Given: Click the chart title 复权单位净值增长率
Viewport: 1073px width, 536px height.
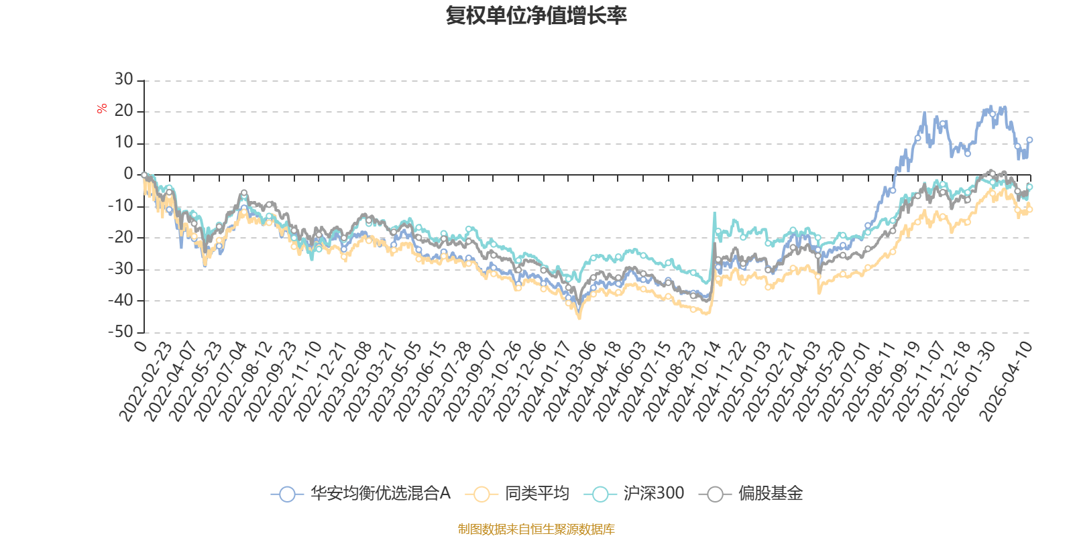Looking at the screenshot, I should point(536,15).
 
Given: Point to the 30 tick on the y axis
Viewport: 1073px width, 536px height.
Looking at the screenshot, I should point(124,80).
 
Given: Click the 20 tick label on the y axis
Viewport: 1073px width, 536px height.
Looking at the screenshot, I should point(124,111).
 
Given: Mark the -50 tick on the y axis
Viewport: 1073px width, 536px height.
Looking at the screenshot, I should point(121,332).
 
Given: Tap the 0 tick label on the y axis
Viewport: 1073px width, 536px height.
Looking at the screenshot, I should point(128,174).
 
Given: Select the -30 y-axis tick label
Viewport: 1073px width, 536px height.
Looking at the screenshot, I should point(121,269).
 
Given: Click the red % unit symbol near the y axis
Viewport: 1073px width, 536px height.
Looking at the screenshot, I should point(102,109).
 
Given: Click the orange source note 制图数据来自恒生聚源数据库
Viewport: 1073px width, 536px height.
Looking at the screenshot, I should point(536,529).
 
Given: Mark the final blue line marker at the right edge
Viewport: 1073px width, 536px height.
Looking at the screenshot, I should point(1029,140).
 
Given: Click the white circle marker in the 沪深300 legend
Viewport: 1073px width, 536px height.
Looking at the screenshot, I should point(600,494).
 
